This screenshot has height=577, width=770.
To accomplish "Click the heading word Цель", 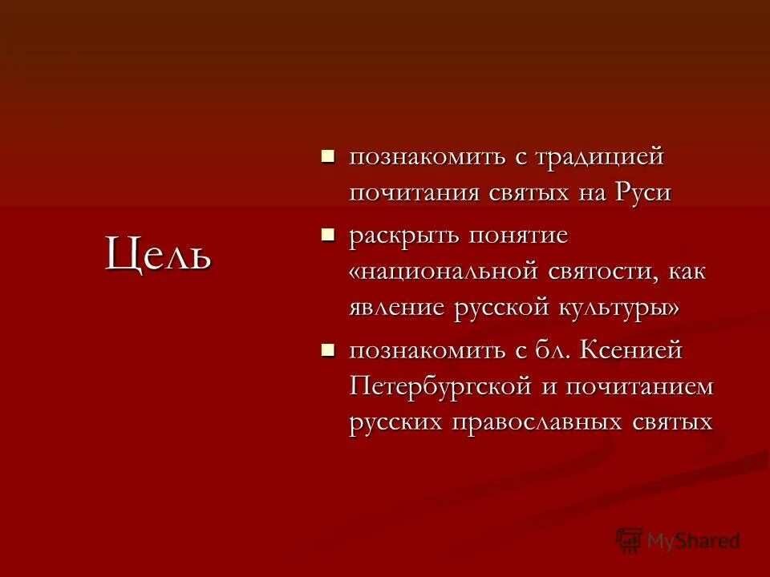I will pos(159,253).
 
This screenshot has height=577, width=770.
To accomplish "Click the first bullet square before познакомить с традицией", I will pos(326,155).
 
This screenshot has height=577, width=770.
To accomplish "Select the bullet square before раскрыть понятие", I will pos(326,235).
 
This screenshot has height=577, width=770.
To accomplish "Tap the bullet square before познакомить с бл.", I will pos(326,349).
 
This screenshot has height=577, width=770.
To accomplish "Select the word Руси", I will pos(642,192).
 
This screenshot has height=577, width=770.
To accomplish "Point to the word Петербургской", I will pos(441,386).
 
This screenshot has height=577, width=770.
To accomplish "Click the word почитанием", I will pos(639,386).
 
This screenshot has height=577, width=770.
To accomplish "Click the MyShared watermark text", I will pos(694,541).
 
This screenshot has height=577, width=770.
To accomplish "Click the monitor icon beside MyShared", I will pos(629,540).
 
